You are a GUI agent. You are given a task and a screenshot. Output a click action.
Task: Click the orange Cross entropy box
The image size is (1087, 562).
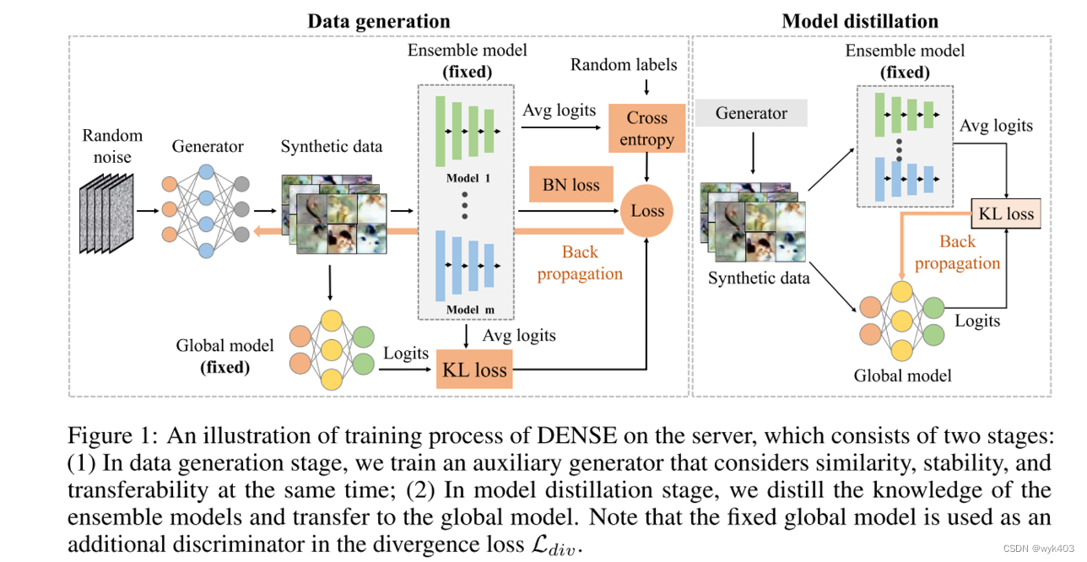click(646, 129)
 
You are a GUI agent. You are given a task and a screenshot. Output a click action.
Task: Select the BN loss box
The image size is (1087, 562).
click(571, 185)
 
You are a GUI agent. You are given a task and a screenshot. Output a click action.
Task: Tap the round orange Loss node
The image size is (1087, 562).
click(647, 211)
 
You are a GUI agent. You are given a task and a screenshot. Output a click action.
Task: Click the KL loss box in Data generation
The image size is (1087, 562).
click(473, 369)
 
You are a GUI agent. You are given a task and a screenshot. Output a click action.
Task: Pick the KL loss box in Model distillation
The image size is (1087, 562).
click(1005, 213)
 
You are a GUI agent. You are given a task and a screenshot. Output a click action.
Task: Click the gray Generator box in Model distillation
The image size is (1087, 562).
click(751, 113)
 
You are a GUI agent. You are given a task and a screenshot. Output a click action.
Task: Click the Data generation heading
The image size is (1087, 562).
click(378, 21)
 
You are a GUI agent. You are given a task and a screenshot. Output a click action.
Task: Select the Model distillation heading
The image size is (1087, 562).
click(860, 21)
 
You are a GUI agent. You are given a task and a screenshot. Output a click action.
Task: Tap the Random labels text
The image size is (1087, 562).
click(624, 65)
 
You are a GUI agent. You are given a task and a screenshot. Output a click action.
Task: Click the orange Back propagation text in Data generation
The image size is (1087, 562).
click(580, 262)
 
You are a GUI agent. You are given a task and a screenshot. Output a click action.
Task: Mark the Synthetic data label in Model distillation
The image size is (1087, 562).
click(759, 278)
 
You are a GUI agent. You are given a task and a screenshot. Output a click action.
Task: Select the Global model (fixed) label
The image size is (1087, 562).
click(224, 356)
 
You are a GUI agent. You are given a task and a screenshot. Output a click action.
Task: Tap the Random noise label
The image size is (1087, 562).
click(112, 144)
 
